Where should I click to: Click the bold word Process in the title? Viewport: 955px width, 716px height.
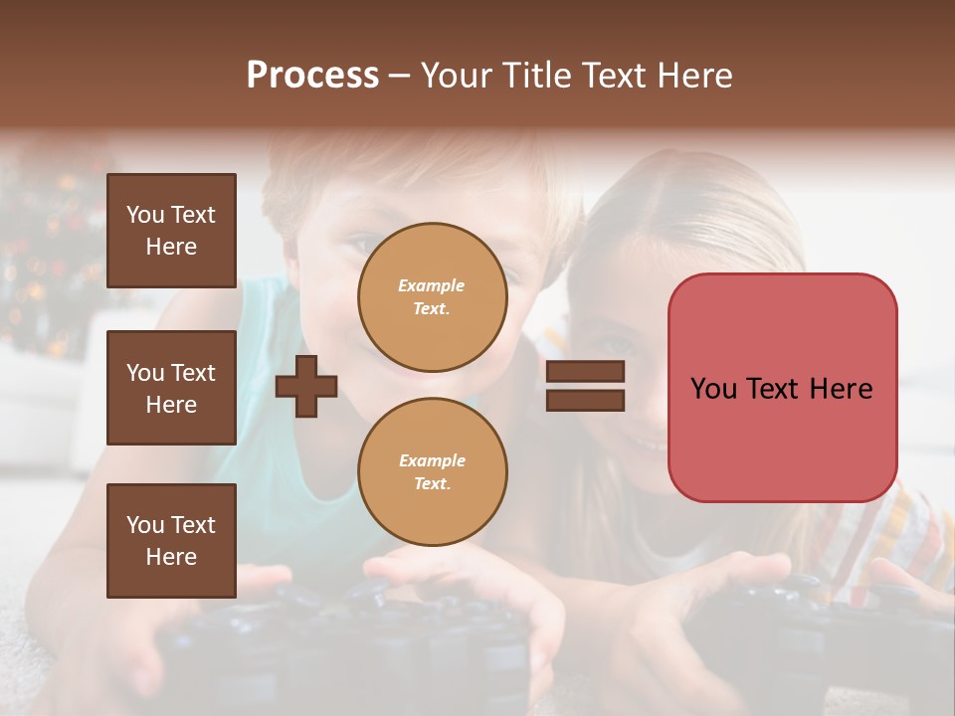click(312, 76)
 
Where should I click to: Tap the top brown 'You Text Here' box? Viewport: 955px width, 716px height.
click(171, 231)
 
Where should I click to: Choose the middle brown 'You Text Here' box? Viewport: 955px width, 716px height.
click(171, 388)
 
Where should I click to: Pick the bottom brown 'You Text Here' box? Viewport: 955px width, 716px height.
click(171, 541)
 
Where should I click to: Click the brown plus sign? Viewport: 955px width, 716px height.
click(306, 386)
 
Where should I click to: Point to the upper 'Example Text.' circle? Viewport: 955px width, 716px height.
click(432, 297)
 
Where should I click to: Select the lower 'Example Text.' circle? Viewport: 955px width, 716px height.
click(432, 472)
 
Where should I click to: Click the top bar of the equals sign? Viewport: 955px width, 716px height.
click(585, 372)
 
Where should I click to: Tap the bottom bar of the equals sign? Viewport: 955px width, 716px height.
click(585, 401)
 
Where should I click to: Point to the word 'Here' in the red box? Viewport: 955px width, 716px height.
click(841, 389)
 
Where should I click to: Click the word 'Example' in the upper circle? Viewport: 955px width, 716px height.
click(432, 286)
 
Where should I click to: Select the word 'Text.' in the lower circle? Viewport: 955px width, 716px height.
click(432, 484)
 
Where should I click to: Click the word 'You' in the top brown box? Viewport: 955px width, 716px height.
click(145, 215)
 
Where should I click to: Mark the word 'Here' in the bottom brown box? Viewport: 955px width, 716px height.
click(171, 557)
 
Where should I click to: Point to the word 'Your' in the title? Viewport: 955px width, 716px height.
click(456, 76)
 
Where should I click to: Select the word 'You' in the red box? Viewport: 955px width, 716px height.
click(713, 389)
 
